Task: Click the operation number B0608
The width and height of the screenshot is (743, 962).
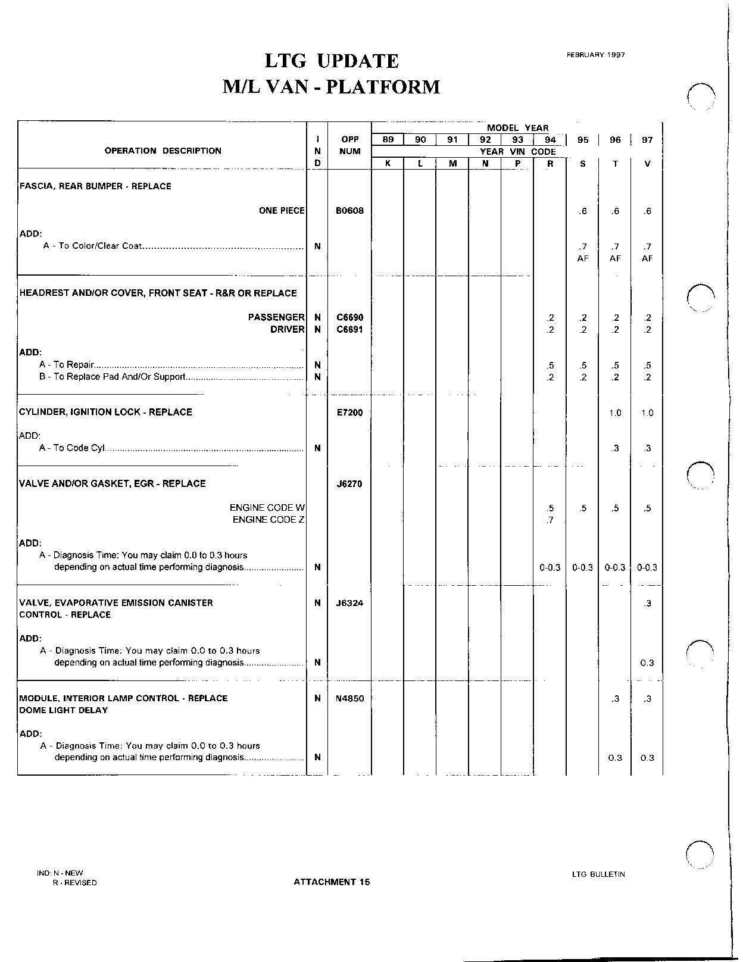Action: (x=349, y=211)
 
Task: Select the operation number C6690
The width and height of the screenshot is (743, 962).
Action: (x=349, y=318)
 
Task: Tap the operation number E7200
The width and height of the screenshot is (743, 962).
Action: (x=349, y=413)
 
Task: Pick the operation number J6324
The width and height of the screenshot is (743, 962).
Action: (x=349, y=603)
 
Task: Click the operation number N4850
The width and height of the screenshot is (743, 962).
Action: (x=349, y=698)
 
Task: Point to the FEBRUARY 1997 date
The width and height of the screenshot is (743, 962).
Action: (x=595, y=55)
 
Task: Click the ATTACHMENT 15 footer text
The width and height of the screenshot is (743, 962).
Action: (x=332, y=882)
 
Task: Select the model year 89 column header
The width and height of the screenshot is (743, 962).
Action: (x=388, y=140)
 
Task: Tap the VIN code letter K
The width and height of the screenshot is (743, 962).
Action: (x=388, y=164)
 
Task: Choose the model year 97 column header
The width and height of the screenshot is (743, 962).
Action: (x=647, y=140)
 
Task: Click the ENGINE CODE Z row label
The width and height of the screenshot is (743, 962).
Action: (x=269, y=520)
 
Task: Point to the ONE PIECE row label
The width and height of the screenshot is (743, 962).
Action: (x=282, y=211)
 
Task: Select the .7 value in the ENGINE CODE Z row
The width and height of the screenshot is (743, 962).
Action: (x=550, y=520)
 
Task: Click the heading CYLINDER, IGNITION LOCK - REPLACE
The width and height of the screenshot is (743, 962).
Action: (x=106, y=412)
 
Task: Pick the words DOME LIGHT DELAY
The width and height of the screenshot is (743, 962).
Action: (x=64, y=710)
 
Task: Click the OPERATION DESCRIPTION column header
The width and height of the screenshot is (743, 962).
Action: (x=163, y=151)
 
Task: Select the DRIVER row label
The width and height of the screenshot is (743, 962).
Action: (x=288, y=330)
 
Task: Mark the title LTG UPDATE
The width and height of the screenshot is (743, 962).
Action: (x=332, y=61)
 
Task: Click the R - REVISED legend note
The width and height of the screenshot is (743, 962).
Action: (x=74, y=883)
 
